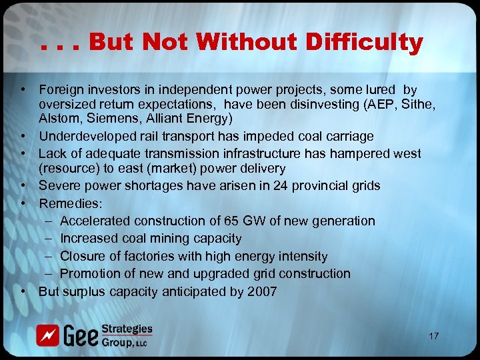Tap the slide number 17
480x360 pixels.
pyautogui.click(x=434, y=336)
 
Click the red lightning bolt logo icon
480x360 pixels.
pyautogui.click(x=48, y=335)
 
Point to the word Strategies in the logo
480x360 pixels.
pyautogui.click(x=127, y=329)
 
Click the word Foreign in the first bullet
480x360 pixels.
pyautogui.click(x=61, y=89)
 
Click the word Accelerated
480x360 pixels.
pyautogui.click(x=96, y=221)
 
